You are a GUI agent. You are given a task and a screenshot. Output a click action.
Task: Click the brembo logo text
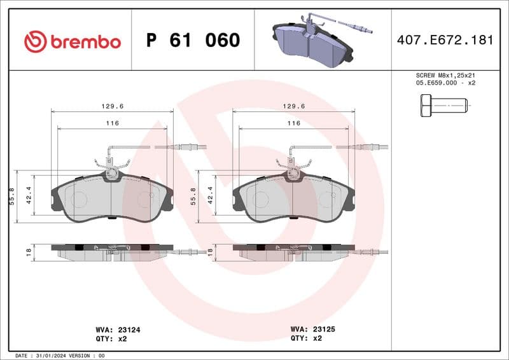coord(85,42)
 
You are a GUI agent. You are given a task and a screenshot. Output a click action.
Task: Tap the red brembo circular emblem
coord(36,42)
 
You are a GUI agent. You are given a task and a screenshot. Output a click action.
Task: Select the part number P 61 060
coord(193,41)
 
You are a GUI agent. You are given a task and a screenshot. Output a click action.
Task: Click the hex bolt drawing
coord(443,104)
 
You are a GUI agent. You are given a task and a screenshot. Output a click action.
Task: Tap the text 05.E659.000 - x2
coord(445,83)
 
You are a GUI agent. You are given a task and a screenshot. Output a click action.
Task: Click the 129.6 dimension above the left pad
coord(112,106)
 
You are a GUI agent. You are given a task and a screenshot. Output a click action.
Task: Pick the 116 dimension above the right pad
coord(293,123)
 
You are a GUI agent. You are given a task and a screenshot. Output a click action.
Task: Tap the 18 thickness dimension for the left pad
coord(29,253)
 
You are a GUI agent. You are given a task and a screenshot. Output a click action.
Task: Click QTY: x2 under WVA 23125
coord(307,338)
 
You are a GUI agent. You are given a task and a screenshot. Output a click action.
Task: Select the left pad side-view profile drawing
coord(112,252)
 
